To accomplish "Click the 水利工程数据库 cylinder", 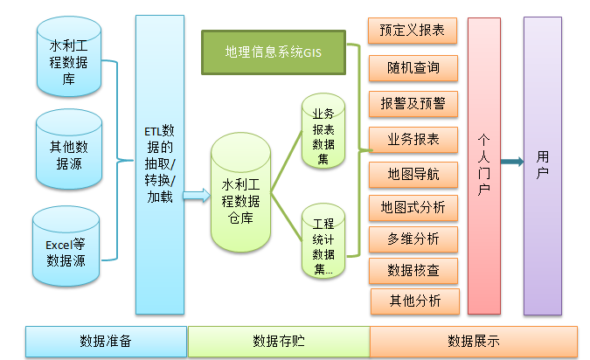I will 67,62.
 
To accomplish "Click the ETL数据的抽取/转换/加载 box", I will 160,164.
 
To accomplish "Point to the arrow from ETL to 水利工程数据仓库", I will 197,197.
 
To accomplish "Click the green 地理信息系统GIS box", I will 274,53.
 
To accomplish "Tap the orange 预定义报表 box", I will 413,31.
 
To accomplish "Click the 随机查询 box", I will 413,67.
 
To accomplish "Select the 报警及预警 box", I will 413,103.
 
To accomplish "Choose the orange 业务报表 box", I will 413,138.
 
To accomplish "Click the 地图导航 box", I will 413,174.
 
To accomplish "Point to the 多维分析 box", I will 413,238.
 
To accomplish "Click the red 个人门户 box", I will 483,164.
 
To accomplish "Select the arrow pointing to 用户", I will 512,162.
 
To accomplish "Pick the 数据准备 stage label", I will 106,341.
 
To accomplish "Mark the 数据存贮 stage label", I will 279,341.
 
